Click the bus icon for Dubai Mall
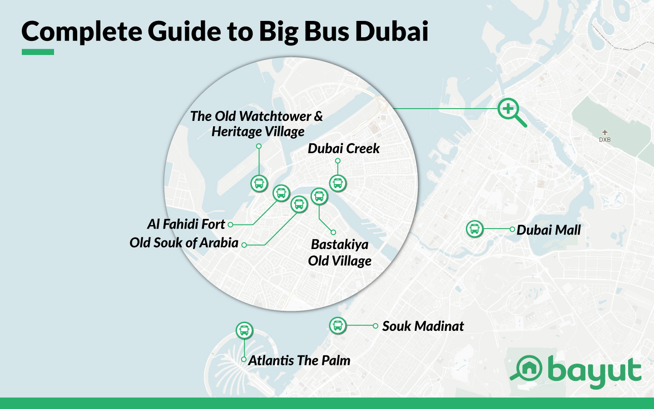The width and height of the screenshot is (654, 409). (x=475, y=229)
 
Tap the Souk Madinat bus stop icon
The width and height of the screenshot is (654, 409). (x=337, y=325)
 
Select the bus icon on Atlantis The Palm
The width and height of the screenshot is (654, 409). (x=244, y=330)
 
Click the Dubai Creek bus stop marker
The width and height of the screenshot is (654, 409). (x=337, y=183)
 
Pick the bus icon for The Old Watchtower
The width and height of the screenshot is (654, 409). (x=259, y=184)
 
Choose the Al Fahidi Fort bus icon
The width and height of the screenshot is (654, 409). (x=281, y=193)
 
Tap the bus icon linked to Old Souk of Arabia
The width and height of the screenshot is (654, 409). (x=299, y=204)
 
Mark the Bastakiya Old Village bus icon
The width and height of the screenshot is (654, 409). (x=319, y=196)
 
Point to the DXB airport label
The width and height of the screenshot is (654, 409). (x=604, y=140)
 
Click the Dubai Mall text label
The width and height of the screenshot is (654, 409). (x=549, y=230)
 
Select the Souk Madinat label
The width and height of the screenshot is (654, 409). (x=423, y=326)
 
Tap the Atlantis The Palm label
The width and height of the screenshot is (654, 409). (x=299, y=360)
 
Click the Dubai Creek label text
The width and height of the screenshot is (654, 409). (x=343, y=149)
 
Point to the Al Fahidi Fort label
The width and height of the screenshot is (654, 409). (x=186, y=224)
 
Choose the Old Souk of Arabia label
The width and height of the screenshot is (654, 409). (x=184, y=243)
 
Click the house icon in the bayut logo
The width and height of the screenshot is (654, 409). (x=529, y=368)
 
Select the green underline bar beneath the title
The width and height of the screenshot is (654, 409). (x=38, y=52)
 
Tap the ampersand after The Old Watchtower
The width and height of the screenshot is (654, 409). (x=318, y=116)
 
